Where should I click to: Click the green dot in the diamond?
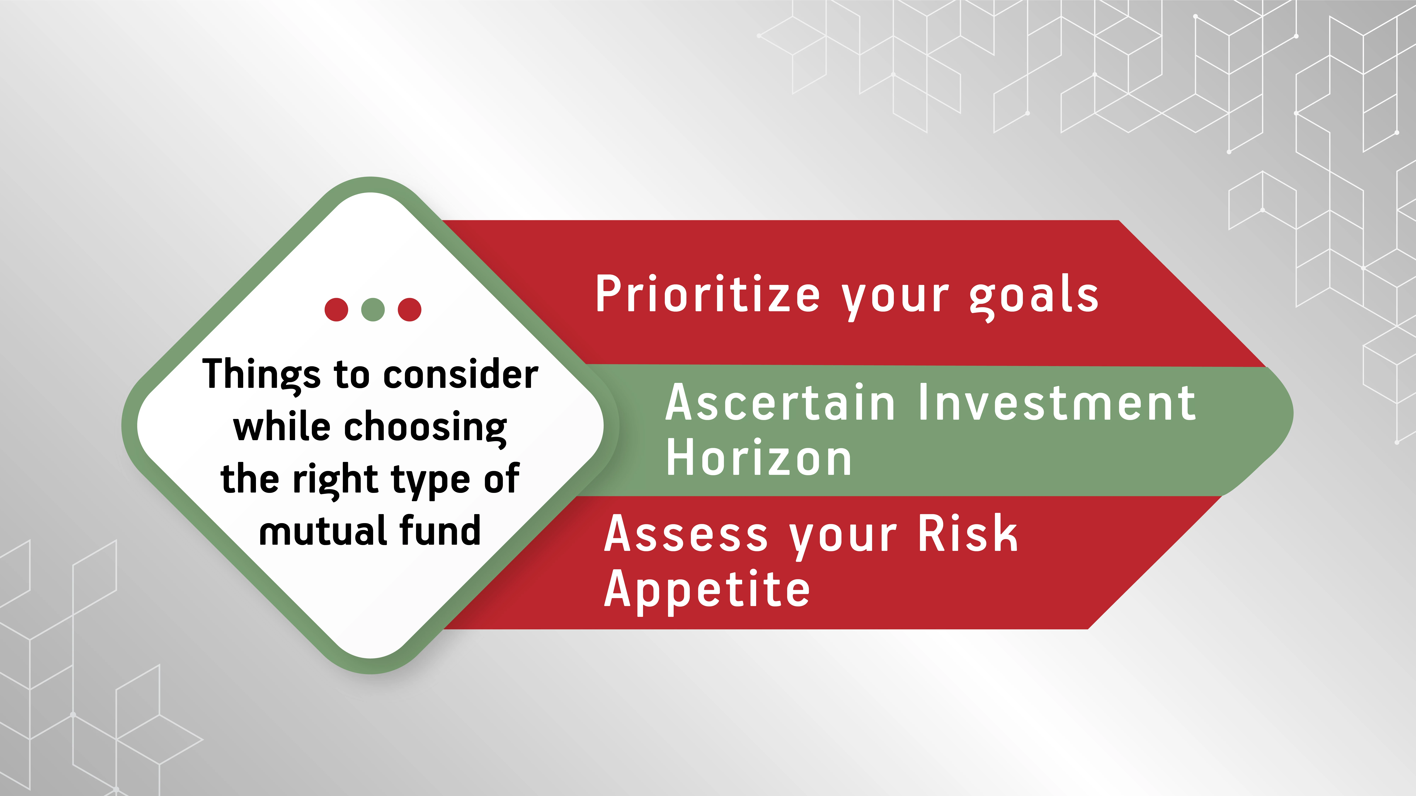coord(373,309)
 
